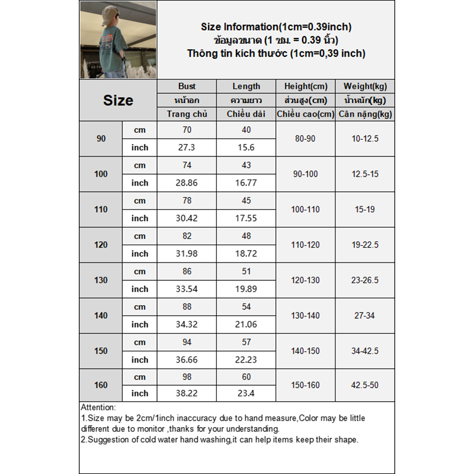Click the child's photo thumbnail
[x=118, y=40]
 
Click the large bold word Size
[x=118, y=100]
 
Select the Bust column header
[x=187, y=87]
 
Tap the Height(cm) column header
[x=305, y=87]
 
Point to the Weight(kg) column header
[x=364, y=87]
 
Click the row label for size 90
[x=101, y=139]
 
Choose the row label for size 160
[x=101, y=385]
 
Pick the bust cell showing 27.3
[x=187, y=148]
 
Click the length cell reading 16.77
[x=246, y=182]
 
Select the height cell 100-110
[x=305, y=209]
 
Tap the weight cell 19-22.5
[x=364, y=245]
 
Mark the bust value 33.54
[x=187, y=289]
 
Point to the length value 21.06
[x=246, y=324]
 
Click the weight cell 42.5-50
[x=364, y=385]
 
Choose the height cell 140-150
[x=305, y=351]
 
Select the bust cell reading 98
[x=187, y=377]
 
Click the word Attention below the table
[x=98, y=408]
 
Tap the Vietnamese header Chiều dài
[x=246, y=114]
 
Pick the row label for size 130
[x=101, y=280]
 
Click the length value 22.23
[x=246, y=360]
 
